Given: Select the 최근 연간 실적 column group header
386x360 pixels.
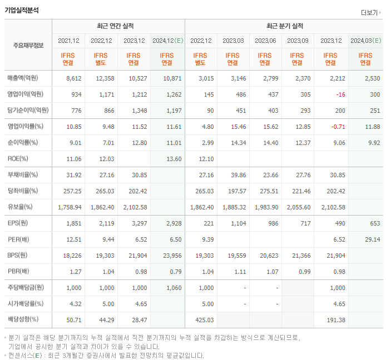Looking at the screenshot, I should point(118,26).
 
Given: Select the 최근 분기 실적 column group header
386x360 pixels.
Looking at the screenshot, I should point(284,26).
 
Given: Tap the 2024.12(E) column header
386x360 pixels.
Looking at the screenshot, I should point(167,41).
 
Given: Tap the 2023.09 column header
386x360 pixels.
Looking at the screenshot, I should point(298,41).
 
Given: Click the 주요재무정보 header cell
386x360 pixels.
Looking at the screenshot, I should point(28,46).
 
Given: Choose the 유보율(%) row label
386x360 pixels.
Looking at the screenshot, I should point(21,207).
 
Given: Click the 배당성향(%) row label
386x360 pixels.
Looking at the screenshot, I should point(23,320).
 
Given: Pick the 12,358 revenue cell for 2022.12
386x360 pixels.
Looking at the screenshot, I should point(102,78).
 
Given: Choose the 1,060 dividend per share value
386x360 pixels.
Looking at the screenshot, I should point(173,288).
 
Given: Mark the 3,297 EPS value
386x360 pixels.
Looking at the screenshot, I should point(137,223).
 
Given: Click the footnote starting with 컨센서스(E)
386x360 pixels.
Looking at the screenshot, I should point(106,356).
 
